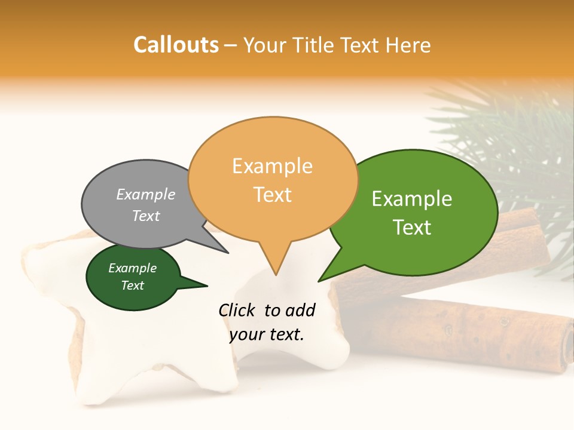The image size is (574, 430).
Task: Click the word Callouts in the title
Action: click(176, 45)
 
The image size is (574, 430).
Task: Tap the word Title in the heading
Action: click(313, 45)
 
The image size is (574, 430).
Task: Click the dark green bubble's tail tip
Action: click(207, 286)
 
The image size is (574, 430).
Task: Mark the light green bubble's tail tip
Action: click(319, 281)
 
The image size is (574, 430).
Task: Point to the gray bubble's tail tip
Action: click(228, 253)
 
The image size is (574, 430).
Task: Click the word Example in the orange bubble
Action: click(272, 166)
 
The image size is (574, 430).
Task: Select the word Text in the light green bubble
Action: click(413, 228)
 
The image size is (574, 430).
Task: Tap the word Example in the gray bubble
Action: click(146, 195)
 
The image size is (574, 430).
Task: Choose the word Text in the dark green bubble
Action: click(133, 285)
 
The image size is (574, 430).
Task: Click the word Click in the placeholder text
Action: click(237, 310)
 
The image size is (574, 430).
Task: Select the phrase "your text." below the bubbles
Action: click(267, 334)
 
